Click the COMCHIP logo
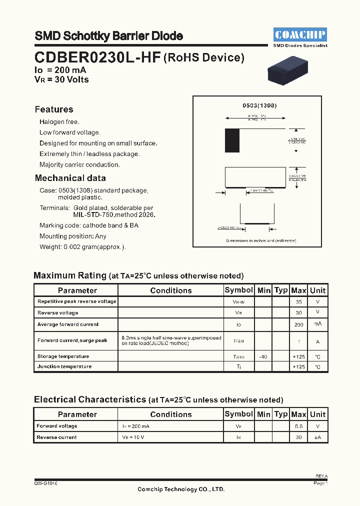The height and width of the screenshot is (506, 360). click(x=300, y=34)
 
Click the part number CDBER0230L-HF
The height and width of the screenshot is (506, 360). click(x=97, y=58)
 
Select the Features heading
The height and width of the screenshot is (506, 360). click(x=54, y=109)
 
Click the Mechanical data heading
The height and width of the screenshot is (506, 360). click(x=70, y=178)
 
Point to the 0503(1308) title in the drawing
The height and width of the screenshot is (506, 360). click(x=259, y=106)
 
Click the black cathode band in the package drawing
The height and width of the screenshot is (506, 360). click(x=232, y=140)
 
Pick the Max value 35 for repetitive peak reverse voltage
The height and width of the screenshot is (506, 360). click(x=298, y=302)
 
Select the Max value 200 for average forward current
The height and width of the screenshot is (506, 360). click(x=298, y=324)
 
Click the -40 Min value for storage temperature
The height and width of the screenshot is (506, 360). click(x=263, y=356)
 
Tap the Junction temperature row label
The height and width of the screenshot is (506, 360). click(x=64, y=366)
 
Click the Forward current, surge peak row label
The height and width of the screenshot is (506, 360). click(x=72, y=340)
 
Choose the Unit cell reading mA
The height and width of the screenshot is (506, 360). click(x=317, y=324)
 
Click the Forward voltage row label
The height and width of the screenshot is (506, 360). click(x=57, y=426)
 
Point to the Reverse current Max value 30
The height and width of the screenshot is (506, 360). click(x=298, y=437)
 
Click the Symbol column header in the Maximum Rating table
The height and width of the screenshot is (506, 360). click(x=239, y=290)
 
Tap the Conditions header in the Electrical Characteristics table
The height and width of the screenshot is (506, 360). click(x=170, y=414)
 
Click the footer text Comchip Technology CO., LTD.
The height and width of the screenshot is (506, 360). click(x=181, y=489)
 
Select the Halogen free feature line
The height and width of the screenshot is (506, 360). click(x=59, y=122)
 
